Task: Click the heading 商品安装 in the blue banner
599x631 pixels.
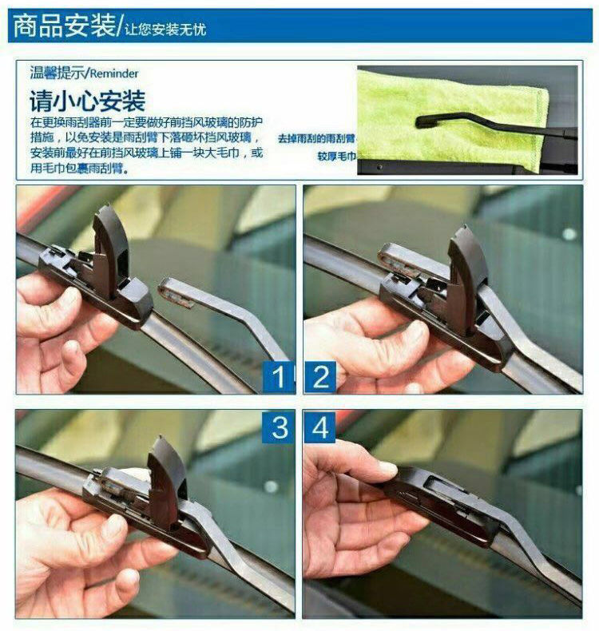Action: coord(65,26)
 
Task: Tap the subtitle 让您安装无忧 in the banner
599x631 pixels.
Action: coord(165,30)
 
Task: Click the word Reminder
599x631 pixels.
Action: coord(114,73)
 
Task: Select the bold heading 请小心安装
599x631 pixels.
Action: coord(87,101)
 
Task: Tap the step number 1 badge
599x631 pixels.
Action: coord(278,377)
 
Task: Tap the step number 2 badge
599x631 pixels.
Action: coord(320,377)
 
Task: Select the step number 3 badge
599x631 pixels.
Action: coord(280,427)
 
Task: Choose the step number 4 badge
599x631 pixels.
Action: coord(319,427)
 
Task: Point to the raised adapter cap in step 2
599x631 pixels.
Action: coord(466,278)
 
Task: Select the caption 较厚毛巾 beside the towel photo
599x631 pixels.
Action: coord(337,156)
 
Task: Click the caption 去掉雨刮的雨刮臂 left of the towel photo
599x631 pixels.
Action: coord(316,139)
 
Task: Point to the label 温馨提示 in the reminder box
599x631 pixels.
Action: coord(58,73)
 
